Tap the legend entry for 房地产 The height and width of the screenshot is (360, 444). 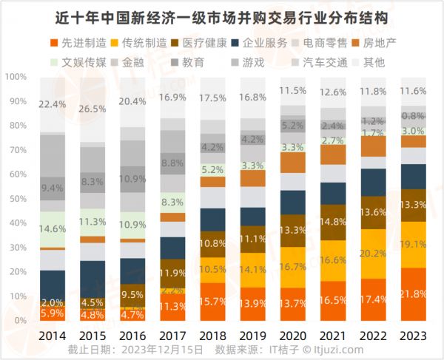(382, 43)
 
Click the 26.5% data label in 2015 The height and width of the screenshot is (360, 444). (92, 109)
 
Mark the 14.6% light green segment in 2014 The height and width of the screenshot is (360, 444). (52, 228)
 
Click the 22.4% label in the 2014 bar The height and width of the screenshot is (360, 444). (52, 103)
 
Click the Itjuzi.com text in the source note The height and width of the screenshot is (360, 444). (341, 350)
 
